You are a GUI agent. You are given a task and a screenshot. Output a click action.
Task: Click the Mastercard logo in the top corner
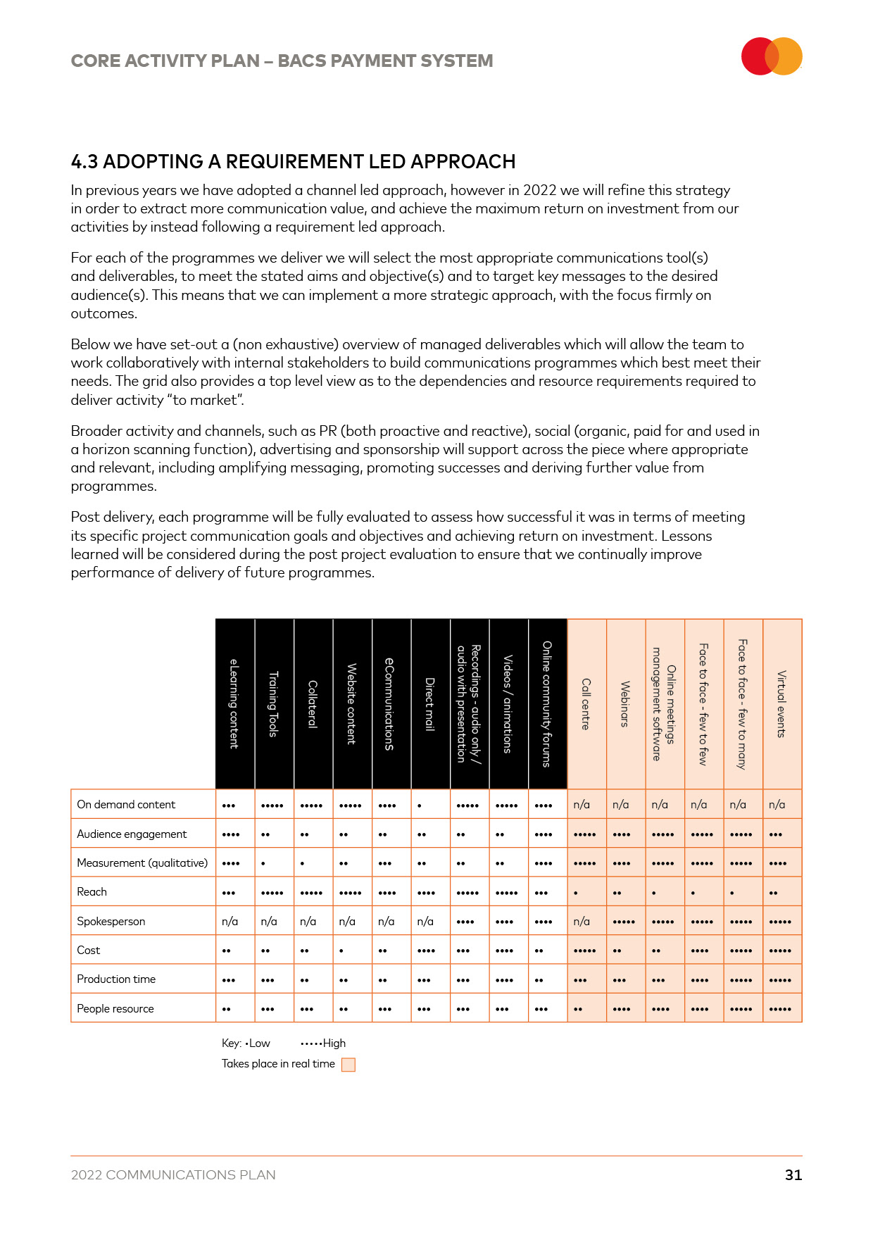(772, 56)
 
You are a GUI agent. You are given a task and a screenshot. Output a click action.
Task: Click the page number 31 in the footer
(793, 1174)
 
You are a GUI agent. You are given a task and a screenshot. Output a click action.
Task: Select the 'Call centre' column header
(586, 704)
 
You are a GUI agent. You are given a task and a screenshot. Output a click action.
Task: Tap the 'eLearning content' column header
(234, 704)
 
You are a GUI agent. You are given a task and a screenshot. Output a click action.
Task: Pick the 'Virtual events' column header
(781, 704)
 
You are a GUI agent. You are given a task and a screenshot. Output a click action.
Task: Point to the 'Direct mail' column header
(429, 704)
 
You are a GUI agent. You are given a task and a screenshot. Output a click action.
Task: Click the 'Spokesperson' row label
(111, 921)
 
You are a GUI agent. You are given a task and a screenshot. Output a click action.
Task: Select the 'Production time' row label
(116, 979)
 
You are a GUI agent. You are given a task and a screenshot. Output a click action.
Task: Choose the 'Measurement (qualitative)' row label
(142, 863)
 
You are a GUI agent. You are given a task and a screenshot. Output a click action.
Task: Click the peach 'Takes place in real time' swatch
(348, 1065)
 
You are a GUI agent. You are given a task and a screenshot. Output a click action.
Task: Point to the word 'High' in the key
(334, 1043)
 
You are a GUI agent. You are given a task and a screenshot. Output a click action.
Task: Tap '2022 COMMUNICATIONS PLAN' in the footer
(173, 1174)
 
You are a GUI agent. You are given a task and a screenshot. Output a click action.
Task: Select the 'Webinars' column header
(625, 704)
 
